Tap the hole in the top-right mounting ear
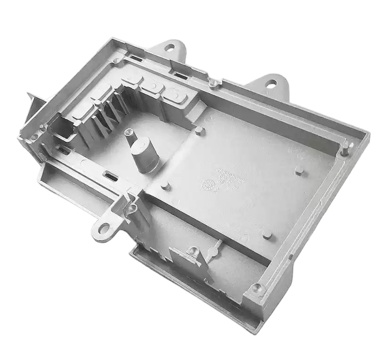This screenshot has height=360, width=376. (271, 84)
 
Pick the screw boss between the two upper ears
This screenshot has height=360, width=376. (213, 83)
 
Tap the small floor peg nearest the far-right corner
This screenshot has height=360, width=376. (299, 169)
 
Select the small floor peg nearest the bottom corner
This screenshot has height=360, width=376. (267, 234)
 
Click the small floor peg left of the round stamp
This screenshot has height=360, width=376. (165, 186)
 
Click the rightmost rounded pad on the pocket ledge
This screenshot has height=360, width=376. (175, 95)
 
